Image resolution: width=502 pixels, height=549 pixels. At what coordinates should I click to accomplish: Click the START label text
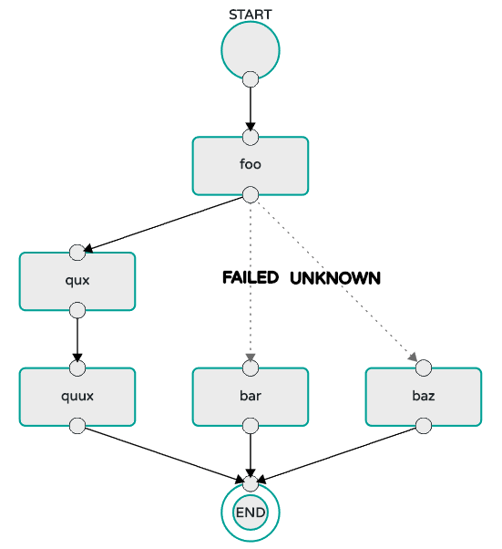tap(251, 15)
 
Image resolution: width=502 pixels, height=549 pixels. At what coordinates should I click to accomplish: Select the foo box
tap(251, 166)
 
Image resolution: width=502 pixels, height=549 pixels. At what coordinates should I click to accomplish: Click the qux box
tap(77, 281)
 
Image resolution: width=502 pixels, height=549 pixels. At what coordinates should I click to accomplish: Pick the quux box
tap(77, 397)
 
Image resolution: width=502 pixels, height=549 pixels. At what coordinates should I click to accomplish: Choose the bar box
tap(251, 397)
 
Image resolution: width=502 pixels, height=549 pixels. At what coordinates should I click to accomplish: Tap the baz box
tap(424, 397)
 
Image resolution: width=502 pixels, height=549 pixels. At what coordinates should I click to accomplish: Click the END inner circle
tap(251, 513)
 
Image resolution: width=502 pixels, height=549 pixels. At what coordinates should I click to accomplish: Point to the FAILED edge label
tap(251, 277)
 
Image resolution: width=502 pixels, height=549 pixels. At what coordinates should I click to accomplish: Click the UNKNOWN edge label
tap(334, 278)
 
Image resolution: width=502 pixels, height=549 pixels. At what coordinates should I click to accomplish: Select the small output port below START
tap(251, 79)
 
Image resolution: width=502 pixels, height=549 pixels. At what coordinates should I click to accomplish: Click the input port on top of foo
tap(251, 137)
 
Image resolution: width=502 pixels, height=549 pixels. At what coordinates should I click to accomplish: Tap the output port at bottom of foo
tap(251, 194)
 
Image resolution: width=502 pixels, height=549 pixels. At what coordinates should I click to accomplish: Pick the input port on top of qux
tap(77, 253)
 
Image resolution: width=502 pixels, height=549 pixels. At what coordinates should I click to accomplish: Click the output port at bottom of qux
tap(77, 310)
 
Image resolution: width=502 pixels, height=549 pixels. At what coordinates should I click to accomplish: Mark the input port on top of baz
tap(424, 368)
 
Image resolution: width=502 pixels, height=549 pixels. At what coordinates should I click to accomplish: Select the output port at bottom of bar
tap(251, 426)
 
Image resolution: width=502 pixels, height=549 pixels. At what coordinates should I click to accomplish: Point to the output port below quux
tap(77, 426)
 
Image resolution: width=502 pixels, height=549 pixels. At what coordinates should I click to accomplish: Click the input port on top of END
tap(251, 483)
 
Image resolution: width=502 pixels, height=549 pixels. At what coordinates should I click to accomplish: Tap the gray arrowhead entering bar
tap(251, 357)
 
